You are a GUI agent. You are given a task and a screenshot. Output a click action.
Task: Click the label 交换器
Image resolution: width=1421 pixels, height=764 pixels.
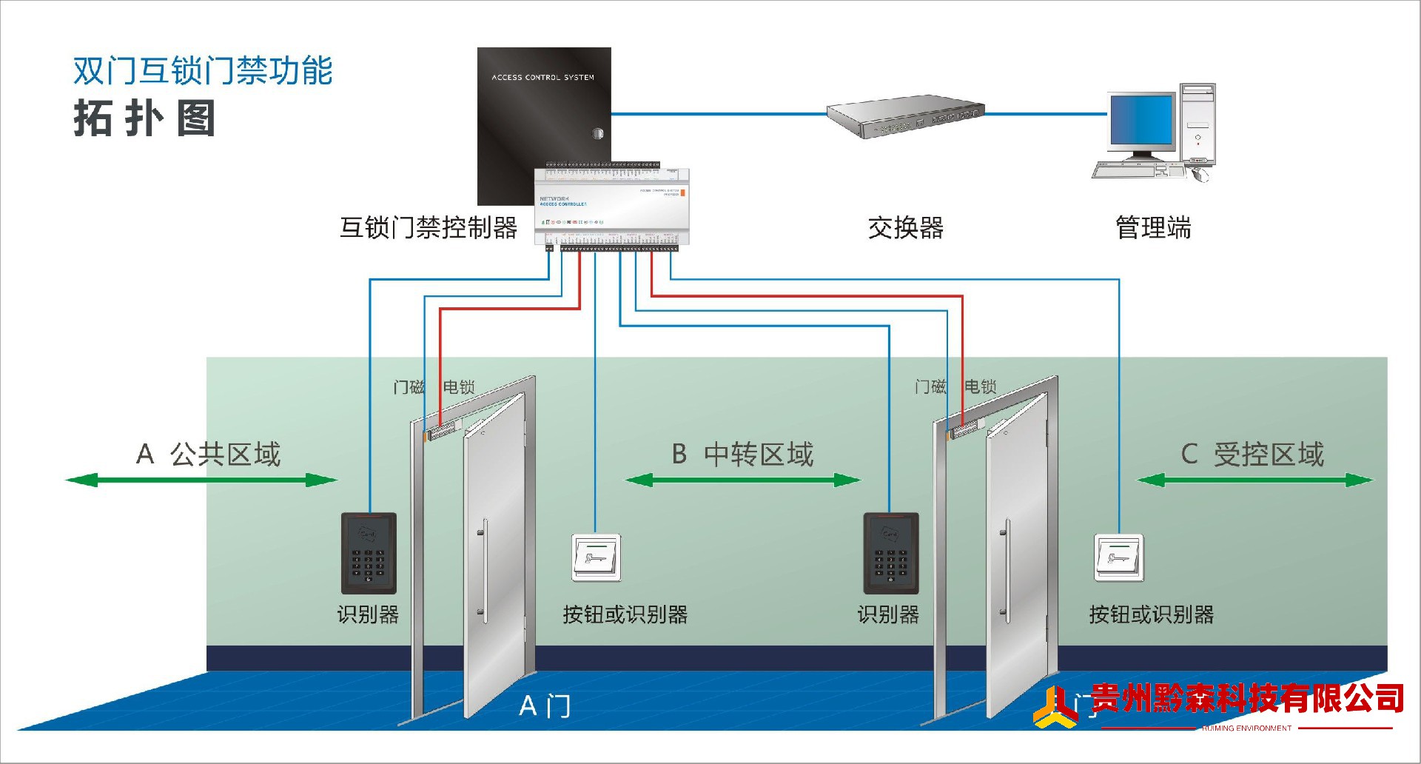click(x=906, y=228)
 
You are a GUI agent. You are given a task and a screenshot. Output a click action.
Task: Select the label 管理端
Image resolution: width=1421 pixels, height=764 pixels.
click(x=1153, y=228)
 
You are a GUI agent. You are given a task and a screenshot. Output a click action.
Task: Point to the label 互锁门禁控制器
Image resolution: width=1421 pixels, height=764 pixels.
click(x=429, y=228)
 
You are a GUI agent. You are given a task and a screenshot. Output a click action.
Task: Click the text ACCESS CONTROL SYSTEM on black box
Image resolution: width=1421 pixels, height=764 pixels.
click(x=542, y=77)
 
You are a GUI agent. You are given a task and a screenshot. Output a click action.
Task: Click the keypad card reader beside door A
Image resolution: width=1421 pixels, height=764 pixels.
click(x=369, y=553)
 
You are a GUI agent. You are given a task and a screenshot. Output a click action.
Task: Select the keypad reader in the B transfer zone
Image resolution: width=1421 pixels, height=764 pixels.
click(x=891, y=553)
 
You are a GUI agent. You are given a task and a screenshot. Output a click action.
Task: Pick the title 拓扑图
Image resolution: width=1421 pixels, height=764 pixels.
click(x=145, y=118)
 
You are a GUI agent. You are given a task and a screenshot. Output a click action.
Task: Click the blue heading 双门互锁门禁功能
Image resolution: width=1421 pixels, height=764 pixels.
click(x=203, y=71)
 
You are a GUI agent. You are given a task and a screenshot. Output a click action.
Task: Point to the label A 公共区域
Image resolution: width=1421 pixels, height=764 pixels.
click(x=209, y=455)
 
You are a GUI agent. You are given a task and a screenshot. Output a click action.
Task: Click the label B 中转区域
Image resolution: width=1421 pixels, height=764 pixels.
click(x=742, y=455)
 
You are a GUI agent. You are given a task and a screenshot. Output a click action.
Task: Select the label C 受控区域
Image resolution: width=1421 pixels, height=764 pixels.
click(x=1252, y=455)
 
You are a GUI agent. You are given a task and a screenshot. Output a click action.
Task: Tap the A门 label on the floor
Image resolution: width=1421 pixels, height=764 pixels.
click(x=545, y=706)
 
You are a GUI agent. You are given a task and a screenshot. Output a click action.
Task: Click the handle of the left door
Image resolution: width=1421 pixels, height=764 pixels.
click(x=485, y=570)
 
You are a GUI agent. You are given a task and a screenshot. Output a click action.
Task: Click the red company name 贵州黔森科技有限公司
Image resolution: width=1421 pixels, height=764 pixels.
click(x=1247, y=698)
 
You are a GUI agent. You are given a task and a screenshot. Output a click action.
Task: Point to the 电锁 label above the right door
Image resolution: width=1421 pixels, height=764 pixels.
click(x=981, y=386)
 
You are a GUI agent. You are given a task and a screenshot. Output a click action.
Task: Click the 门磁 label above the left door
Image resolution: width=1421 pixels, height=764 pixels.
click(x=409, y=387)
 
